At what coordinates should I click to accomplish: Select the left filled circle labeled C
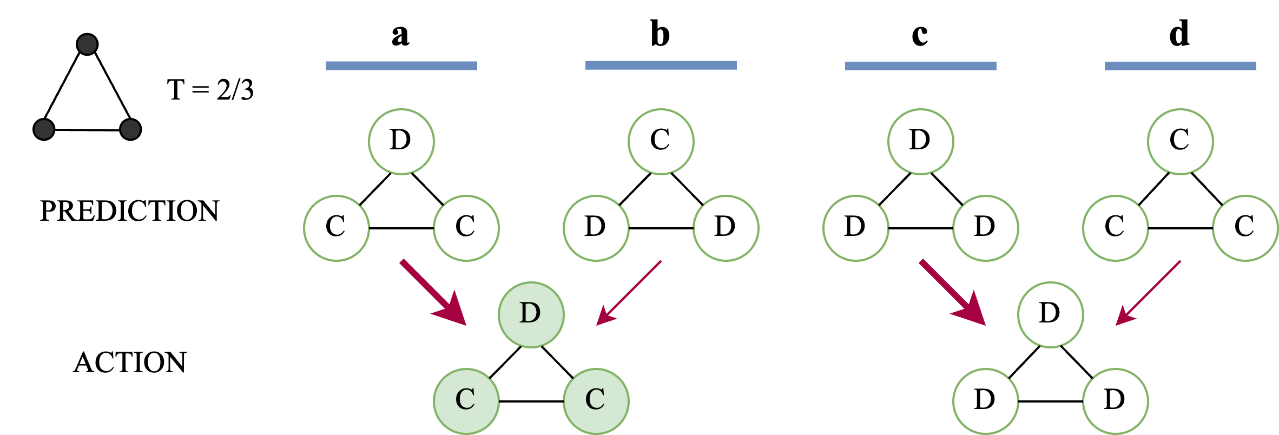[466, 401]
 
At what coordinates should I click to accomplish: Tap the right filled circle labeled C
[596, 401]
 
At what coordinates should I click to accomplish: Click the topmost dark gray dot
[87, 44]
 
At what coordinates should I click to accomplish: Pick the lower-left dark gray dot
[44, 129]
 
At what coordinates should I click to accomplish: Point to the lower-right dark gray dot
[130, 129]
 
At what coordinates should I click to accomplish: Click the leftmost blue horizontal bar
[401, 66]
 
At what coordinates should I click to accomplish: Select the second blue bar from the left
[661, 65]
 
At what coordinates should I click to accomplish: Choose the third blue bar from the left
[920, 66]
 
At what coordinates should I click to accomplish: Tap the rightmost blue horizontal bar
[1180, 66]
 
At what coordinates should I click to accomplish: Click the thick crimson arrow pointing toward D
[433, 293]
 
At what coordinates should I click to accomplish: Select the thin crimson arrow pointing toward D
[629, 293]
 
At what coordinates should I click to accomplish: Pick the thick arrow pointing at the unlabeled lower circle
[952, 293]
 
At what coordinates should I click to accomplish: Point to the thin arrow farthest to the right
[1148, 293]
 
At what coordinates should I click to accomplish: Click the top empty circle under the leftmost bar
[401, 142]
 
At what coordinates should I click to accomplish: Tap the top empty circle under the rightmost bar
[1180, 142]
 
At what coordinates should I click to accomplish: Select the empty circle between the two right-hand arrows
[1050, 315]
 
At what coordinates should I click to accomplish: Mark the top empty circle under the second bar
[661, 142]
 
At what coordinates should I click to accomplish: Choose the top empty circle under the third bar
[920, 142]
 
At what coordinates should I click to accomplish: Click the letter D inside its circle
[530, 313]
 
